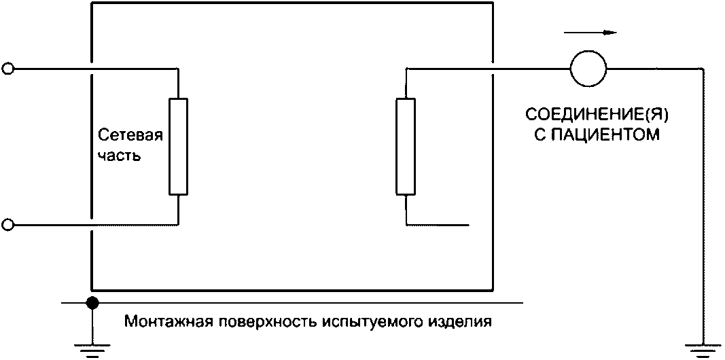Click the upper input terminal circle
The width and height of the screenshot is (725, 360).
(x=8, y=68)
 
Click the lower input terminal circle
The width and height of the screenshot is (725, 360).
(x=8, y=224)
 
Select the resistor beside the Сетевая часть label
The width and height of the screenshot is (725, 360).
(x=178, y=146)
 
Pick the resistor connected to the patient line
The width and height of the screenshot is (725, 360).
(x=405, y=146)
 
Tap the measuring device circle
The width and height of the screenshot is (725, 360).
(x=588, y=69)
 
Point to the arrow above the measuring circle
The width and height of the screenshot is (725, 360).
(x=601, y=31)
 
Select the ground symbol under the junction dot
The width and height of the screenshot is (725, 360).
(x=90, y=350)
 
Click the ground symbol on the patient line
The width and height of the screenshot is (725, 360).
(x=703, y=350)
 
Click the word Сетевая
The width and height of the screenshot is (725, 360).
(x=130, y=134)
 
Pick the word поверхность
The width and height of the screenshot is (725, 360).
(x=252, y=320)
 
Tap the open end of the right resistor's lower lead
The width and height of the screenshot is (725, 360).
(x=468, y=224)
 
